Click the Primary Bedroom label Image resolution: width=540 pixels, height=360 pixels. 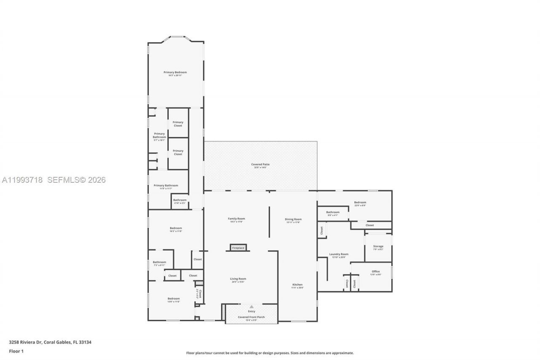[175, 73]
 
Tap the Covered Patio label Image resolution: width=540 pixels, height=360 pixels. [260, 165]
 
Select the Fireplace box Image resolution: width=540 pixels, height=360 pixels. [238, 248]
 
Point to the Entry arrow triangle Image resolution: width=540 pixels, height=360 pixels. [251, 307]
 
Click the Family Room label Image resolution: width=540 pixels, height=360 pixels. [236, 219]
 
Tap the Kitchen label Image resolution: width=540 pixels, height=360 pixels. [297, 285]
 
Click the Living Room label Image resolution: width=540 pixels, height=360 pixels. [238, 279]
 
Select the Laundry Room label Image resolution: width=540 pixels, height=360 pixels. [339, 254]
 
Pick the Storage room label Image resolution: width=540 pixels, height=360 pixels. [378, 246]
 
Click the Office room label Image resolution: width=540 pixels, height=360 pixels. [375, 271]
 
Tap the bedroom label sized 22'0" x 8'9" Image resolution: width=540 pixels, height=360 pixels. [360, 203]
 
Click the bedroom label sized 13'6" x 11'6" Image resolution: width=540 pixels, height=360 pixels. [173, 299]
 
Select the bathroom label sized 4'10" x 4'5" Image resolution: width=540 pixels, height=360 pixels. [180, 200]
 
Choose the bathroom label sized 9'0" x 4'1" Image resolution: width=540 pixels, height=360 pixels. [332, 212]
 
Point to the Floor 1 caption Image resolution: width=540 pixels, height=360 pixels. [16, 351]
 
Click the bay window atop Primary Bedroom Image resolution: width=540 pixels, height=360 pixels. [177, 37]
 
